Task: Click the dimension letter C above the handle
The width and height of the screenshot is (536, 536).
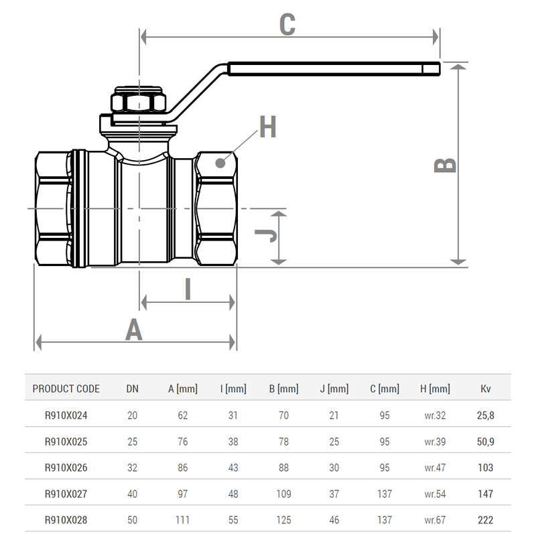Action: (x=287, y=25)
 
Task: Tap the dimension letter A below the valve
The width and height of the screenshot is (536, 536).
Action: (x=135, y=330)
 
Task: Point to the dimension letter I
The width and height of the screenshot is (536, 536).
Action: (x=188, y=289)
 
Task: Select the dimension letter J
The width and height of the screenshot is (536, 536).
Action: (x=267, y=236)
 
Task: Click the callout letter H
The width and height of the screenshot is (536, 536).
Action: (x=268, y=128)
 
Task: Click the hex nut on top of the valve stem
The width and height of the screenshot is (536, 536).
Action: (x=138, y=103)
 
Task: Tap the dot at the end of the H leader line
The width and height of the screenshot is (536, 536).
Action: (x=221, y=163)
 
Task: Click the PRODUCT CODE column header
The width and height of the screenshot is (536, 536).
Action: (x=66, y=389)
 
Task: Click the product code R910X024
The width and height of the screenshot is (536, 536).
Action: (x=66, y=415)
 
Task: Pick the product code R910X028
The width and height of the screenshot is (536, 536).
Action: (x=66, y=519)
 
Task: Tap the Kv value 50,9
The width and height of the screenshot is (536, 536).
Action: (x=485, y=442)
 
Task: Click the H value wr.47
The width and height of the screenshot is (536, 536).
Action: (x=435, y=468)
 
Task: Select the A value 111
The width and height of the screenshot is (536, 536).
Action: (x=183, y=519)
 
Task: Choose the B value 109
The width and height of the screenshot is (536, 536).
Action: (x=283, y=494)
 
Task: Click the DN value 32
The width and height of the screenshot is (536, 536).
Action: (x=132, y=468)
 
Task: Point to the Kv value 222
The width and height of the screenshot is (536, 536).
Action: (x=485, y=519)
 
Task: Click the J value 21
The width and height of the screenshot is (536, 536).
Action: (x=334, y=415)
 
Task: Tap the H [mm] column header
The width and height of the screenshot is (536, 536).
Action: (x=435, y=389)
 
